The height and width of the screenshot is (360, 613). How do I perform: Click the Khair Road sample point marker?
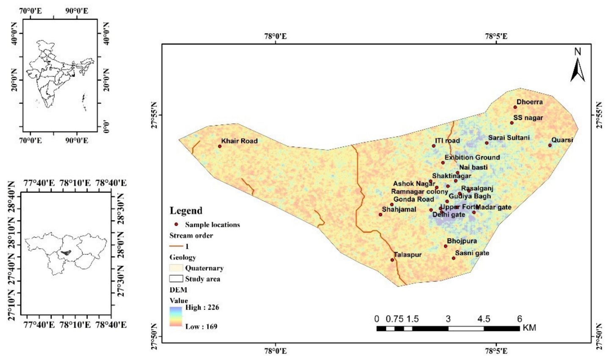[220, 146]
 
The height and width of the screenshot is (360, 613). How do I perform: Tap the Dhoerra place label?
[530, 102]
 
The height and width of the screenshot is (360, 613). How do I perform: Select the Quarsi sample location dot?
[550, 145]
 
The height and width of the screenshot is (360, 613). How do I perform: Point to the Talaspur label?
[408, 255]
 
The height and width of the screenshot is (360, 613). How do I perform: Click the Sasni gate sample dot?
[453, 258]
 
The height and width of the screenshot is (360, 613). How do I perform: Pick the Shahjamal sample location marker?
[380, 214]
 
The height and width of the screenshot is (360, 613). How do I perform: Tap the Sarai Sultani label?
[509, 138]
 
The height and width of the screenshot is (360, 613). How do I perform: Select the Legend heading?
[186, 210]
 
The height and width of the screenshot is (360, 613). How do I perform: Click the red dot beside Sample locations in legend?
[176, 224]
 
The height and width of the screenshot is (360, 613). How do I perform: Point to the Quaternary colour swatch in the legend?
[176, 268]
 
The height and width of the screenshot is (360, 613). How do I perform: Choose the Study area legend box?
[176, 279]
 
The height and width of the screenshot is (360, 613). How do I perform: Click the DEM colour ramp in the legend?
[176, 316]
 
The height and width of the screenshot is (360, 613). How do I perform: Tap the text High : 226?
[202, 307]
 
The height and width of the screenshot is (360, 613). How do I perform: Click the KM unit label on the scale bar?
[529, 328]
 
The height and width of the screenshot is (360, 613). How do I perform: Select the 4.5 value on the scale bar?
[484, 319]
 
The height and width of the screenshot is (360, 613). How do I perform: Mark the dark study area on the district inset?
[66, 252]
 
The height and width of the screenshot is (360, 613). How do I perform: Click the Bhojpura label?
[462, 241]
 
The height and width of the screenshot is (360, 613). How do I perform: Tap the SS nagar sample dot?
[511, 123]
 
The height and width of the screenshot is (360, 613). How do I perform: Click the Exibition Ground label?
[472, 157]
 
